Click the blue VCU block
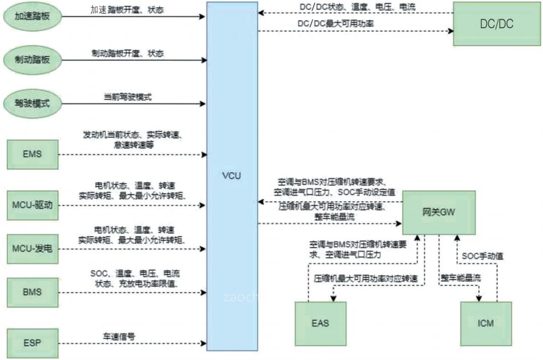click(232, 176)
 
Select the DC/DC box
click(497, 24)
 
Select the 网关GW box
click(438, 212)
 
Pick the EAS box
click(320, 323)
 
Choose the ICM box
click(486, 323)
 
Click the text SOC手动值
click(483, 256)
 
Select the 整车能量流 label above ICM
click(458, 278)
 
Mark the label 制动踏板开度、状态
click(128, 53)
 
